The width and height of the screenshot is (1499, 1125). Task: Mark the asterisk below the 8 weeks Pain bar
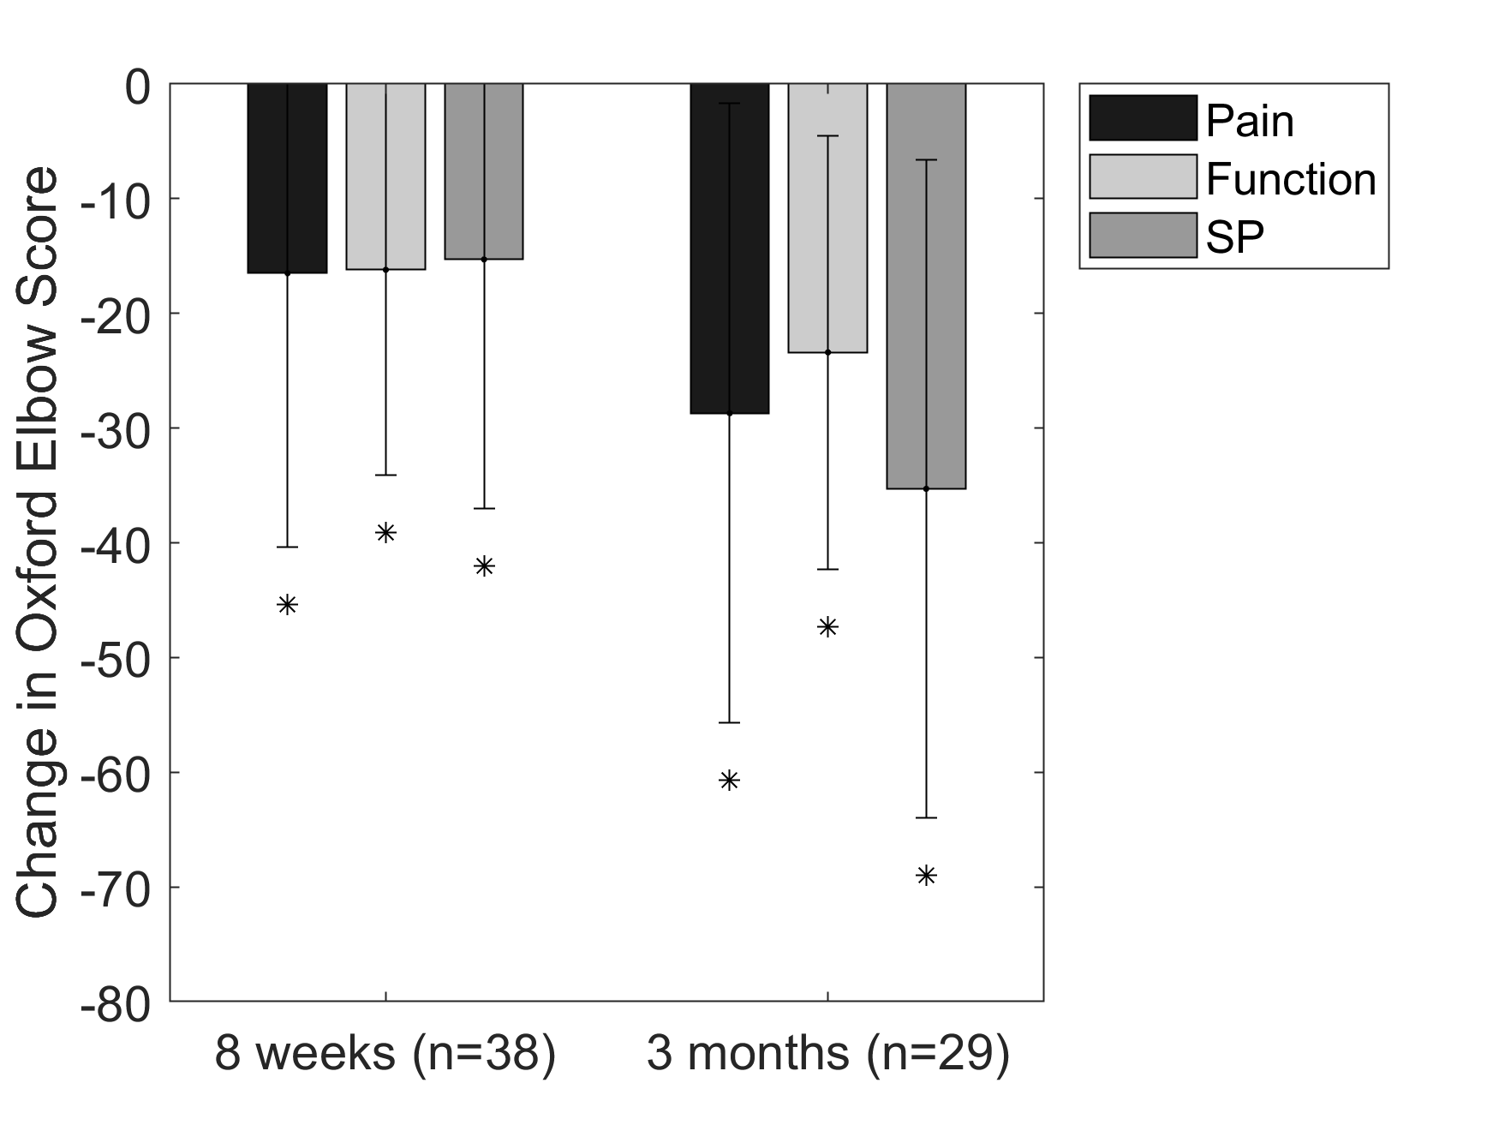coord(288,605)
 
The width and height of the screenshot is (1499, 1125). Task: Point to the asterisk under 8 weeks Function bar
coord(385,533)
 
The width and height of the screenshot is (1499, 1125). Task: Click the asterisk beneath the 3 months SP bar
coord(926,876)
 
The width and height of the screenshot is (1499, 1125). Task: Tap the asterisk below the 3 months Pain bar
coord(729,781)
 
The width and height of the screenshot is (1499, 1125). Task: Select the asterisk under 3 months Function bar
coord(827,627)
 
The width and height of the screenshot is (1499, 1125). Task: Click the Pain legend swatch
coord(1143,118)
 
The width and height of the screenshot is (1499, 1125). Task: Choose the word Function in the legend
coord(1291,180)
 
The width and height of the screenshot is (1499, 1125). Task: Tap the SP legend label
coord(1234,237)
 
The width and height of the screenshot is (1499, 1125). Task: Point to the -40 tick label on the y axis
coord(115,543)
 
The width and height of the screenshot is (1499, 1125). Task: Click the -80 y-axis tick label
coord(115,1002)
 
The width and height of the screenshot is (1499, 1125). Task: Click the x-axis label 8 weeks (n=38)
coord(385,1055)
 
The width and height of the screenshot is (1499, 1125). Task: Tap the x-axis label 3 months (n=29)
coord(827,1055)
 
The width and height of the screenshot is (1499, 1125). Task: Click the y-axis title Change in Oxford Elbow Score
coord(38,542)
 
